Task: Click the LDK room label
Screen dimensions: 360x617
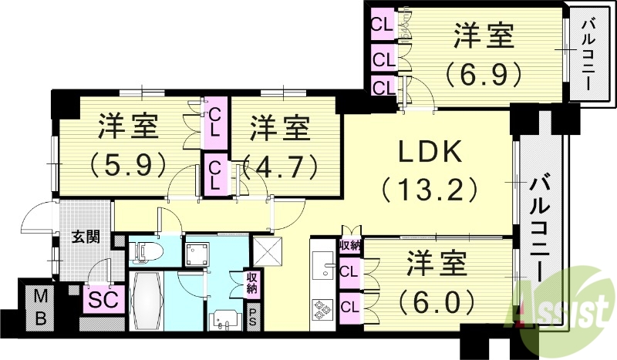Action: (x=430, y=153)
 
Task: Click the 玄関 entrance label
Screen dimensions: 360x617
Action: (x=86, y=237)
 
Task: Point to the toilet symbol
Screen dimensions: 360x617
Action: (x=146, y=251)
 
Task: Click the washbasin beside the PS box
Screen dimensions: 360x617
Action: (x=224, y=318)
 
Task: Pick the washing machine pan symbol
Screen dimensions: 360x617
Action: (x=198, y=252)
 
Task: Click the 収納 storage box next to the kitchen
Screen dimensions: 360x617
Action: (x=349, y=247)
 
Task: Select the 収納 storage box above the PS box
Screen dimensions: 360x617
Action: (x=252, y=282)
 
